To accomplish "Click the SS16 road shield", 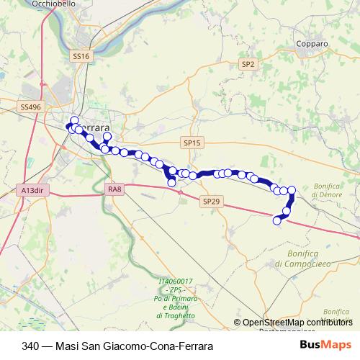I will tap(80, 55).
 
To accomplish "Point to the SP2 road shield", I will tap(248, 64).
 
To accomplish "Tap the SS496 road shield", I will tap(31, 107).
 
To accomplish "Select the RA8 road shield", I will tap(114, 189).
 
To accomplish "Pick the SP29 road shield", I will tap(210, 202).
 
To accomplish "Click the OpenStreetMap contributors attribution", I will tap(297, 322).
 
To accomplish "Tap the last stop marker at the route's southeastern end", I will tap(276, 221).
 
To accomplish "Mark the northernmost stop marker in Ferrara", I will tap(73, 120).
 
